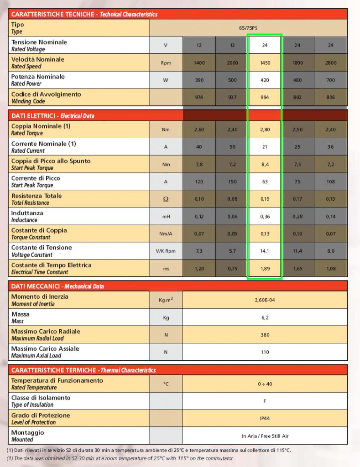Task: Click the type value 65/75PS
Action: pos(248,28)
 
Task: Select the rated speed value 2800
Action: pos(331,63)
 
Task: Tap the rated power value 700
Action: pos(331,80)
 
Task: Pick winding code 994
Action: pos(265,97)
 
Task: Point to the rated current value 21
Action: pos(265,147)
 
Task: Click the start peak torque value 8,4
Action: pos(265,164)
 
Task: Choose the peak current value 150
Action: pos(232,182)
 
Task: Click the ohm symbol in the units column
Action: pos(166,199)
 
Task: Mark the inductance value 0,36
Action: pos(265,217)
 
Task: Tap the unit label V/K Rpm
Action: pos(166,251)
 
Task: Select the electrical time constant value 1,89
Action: pos(265,269)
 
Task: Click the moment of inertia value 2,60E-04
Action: pos(265,300)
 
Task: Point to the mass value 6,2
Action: pos(265,317)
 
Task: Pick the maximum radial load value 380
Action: pos(265,335)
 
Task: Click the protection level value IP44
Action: pos(265,418)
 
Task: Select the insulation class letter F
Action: pos(265,401)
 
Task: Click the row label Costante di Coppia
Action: pos(39,230)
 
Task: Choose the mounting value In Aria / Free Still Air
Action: pos(265,436)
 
